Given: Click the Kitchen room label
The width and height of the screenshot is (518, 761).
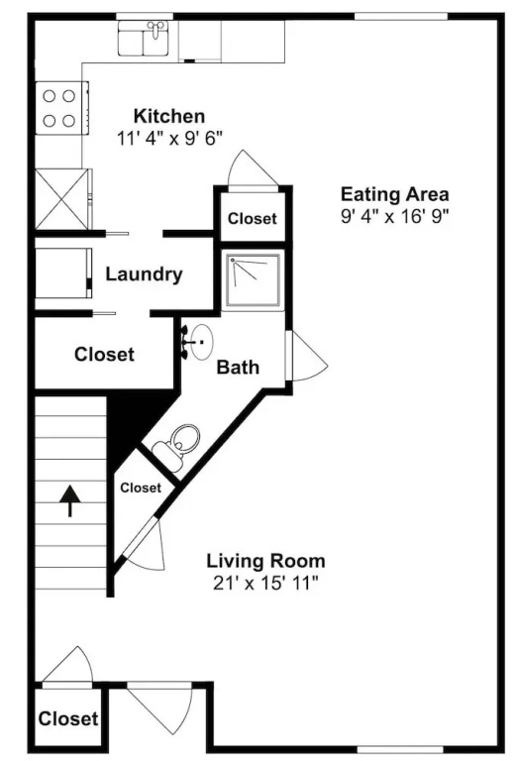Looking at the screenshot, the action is tap(169, 117).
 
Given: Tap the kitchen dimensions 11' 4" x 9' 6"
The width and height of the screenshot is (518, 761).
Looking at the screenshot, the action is tap(169, 139).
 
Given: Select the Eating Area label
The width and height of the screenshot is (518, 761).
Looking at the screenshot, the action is tap(395, 194).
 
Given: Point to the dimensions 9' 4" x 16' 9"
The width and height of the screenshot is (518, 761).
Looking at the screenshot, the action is tap(395, 216).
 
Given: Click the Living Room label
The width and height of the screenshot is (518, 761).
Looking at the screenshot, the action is tap(265, 561).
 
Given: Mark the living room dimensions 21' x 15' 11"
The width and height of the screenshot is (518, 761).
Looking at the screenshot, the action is tap(265, 583).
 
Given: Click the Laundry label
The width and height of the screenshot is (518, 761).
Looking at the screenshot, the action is tap(144, 274).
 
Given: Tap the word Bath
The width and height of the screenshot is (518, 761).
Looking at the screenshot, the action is tap(238, 367).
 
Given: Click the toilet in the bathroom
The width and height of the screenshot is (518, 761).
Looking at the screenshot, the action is tap(175, 447).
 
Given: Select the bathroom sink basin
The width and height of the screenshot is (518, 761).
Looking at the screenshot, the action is tap(201, 342).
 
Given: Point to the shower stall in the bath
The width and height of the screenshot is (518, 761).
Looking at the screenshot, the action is tap(253, 280).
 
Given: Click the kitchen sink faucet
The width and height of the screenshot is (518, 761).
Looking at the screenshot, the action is tap(155, 28).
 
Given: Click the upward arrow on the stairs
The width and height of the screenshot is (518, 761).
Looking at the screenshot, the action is tap(70, 500).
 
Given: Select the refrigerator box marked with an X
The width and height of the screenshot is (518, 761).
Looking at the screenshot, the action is tap(62, 199).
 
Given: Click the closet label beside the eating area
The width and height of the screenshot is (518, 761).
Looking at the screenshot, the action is tap(253, 218).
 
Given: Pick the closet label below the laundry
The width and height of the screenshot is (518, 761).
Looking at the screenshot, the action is tap(104, 355).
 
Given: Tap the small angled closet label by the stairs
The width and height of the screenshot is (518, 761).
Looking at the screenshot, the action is tap(141, 488).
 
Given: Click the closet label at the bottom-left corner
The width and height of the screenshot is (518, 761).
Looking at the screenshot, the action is tap(68, 718).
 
